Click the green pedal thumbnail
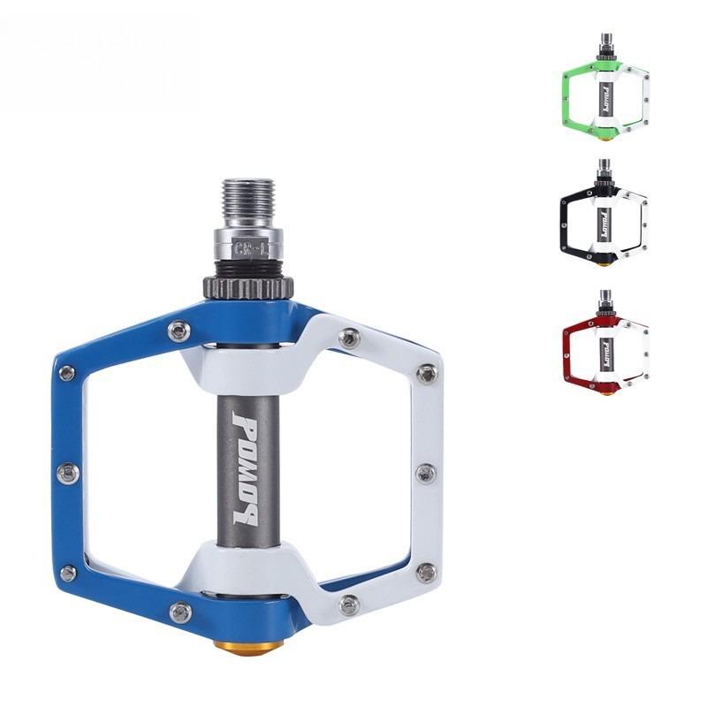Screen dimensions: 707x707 [x=604, y=92]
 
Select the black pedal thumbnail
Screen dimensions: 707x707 [x=604, y=217]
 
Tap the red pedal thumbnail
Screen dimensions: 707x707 [x=604, y=347]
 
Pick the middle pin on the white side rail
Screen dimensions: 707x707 [x=424, y=473]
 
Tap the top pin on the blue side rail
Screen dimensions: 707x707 [x=66, y=373]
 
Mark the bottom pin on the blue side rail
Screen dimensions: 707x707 [x=67, y=574]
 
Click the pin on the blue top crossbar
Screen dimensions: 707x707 [x=180, y=330]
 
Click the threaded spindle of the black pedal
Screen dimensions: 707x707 [x=604, y=166]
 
